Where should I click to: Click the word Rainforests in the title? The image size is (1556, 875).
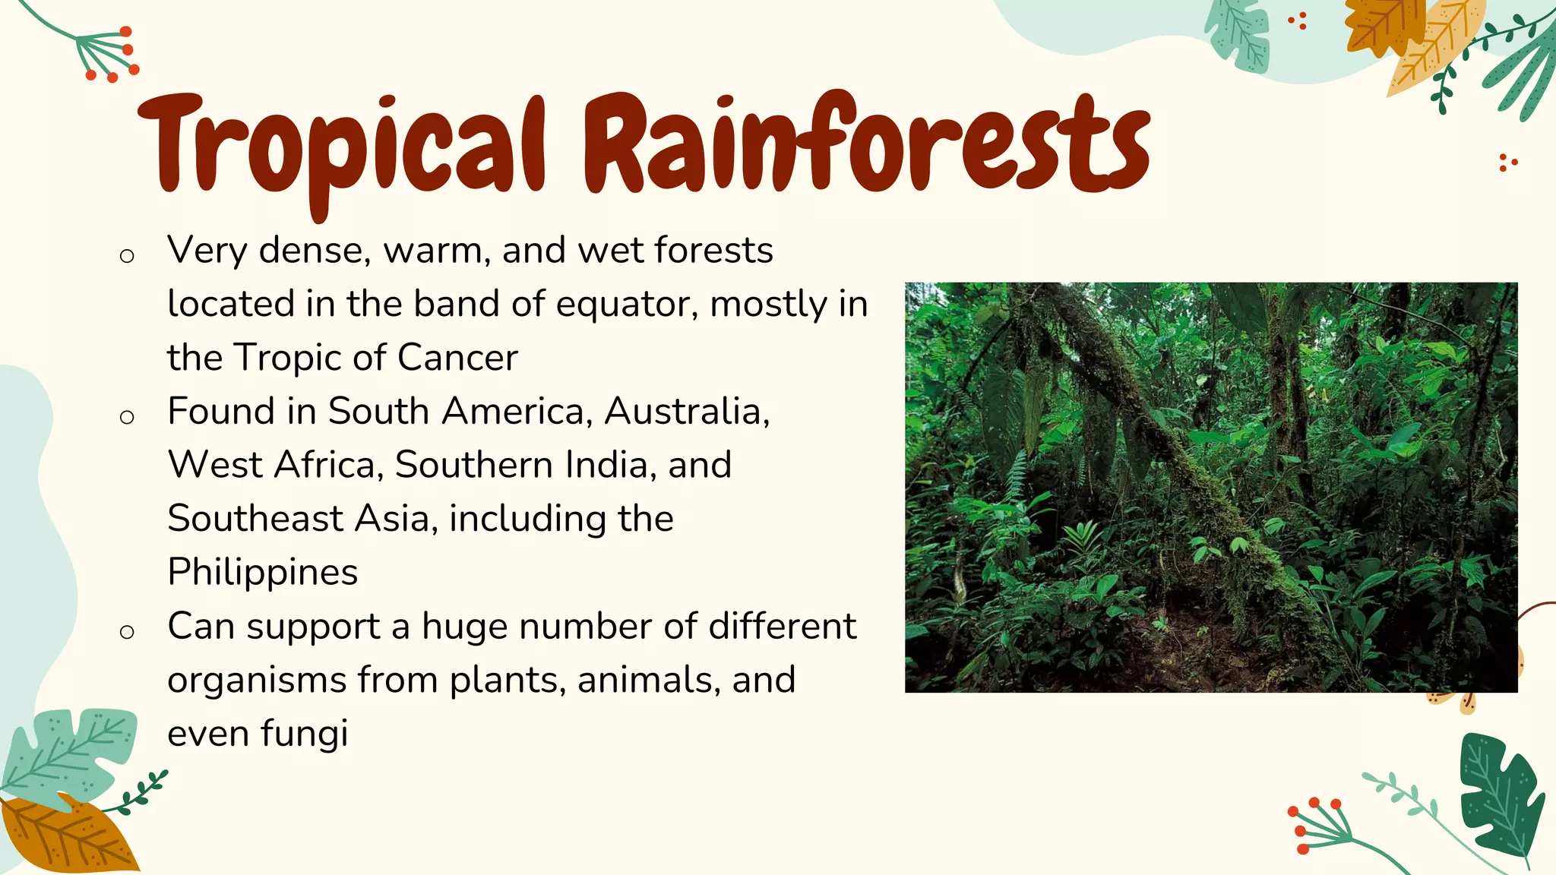click(866, 144)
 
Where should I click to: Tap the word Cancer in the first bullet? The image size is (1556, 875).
click(457, 357)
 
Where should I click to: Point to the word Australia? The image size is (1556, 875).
click(687, 412)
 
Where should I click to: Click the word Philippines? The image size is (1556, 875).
click(262, 573)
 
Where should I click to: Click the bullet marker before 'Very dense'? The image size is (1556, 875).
click(127, 256)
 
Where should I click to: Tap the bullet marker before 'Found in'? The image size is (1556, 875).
click(127, 417)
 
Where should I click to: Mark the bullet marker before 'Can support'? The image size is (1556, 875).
click(127, 632)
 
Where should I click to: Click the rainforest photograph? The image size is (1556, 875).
click(1211, 487)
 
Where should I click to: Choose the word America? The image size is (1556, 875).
click(517, 412)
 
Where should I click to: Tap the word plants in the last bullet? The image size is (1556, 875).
click(507, 681)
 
